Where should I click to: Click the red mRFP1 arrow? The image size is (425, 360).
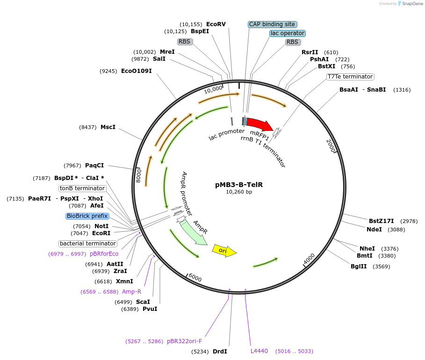[259, 124]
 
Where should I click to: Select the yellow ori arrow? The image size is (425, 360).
[223, 251]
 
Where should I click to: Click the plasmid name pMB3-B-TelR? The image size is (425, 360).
[239, 185]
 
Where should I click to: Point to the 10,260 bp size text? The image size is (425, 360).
[239, 192]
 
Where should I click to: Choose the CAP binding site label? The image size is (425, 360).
[272, 24]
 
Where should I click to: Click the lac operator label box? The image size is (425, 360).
[288, 33]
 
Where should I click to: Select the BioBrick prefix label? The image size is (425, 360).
[87, 216]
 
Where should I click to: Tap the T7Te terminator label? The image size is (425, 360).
[350, 77]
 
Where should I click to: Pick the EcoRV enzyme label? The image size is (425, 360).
[216, 24]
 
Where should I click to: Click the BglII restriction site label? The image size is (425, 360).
[359, 266]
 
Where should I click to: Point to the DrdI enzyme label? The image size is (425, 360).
[220, 351]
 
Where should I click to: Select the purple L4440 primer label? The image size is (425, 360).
[259, 351]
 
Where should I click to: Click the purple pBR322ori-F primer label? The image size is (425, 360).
[184, 341]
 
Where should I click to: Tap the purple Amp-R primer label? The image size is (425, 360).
[131, 292]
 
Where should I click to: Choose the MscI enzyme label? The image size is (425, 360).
[108, 127]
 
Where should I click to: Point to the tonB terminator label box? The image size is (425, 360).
[82, 188]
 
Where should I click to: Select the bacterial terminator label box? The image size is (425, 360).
[88, 244]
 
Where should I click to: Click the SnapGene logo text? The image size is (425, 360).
[409, 4]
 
